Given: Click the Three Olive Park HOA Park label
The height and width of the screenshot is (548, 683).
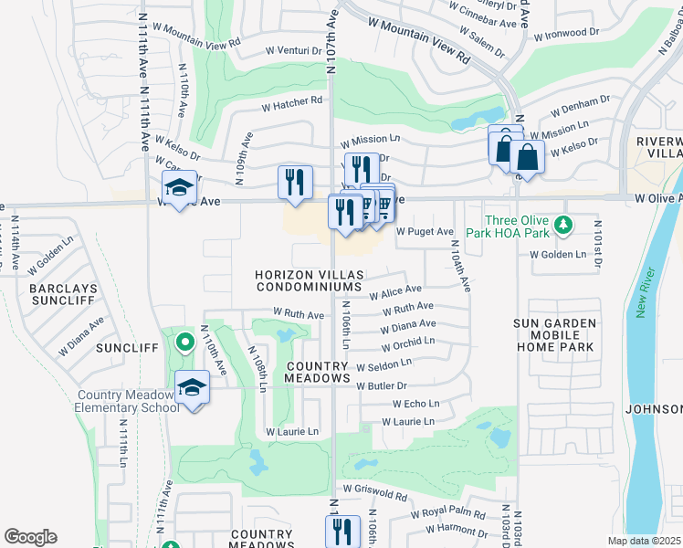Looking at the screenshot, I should pyautogui.click(x=517, y=227).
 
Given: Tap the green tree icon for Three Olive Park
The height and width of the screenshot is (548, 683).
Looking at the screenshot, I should pyautogui.click(x=564, y=223).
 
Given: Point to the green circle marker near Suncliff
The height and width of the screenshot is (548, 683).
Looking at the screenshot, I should pyautogui.click(x=184, y=343).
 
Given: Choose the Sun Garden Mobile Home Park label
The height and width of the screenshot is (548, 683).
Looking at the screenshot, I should pyautogui.click(x=554, y=335).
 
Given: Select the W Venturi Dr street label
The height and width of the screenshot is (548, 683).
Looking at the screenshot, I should pyautogui.click(x=294, y=51).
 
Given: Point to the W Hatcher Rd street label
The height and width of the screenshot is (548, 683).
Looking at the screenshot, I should pyautogui.click(x=292, y=101).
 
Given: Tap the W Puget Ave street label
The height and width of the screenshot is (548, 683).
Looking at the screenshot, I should pyautogui.click(x=425, y=232).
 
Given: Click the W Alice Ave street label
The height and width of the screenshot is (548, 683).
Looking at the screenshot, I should pyautogui.click(x=395, y=291).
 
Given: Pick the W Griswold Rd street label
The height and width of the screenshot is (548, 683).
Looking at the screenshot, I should pyautogui.click(x=376, y=494).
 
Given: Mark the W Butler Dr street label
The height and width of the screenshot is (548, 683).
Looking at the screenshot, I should pyautogui.click(x=382, y=386).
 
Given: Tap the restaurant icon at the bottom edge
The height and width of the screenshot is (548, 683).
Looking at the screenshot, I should pyautogui.click(x=342, y=531).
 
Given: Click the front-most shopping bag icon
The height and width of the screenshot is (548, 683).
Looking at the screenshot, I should pyautogui.click(x=527, y=156).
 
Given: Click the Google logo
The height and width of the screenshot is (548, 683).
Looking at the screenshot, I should pyautogui.click(x=30, y=537).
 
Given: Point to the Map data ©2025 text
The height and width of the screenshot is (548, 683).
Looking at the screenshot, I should pyautogui.click(x=643, y=541).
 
